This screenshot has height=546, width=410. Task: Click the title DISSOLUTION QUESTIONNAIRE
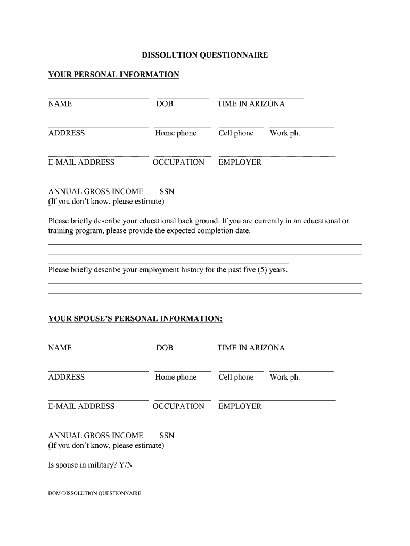(x=204, y=55)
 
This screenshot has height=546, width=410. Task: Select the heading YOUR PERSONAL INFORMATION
(x=113, y=75)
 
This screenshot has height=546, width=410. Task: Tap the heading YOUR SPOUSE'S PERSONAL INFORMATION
(x=135, y=319)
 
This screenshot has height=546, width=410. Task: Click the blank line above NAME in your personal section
(x=98, y=98)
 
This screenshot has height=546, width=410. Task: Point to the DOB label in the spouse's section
(x=165, y=348)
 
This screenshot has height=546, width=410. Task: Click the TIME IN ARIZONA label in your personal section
(x=251, y=104)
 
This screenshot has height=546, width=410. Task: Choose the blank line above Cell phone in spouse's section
(x=241, y=371)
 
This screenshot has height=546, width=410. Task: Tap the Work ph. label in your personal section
(x=285, y=133)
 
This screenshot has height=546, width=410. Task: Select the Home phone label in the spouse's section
(x=176, y=377)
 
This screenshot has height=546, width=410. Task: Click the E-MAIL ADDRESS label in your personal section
(x=81, y=162)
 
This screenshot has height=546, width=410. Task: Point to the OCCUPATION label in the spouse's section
(x=178, y=406)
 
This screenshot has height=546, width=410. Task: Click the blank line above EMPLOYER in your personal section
(x=277, y=156)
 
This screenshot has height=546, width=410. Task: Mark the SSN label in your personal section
(x=167, y=191)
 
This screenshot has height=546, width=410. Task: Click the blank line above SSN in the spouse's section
(x=183, y=430)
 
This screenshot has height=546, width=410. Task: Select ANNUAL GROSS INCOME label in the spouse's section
(x=96, y=436)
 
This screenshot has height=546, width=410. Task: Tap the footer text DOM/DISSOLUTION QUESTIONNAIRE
(x=94, y=493)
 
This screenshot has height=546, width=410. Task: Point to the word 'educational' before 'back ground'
(x=163, y=221)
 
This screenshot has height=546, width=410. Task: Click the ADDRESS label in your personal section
(x=66, y=133)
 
